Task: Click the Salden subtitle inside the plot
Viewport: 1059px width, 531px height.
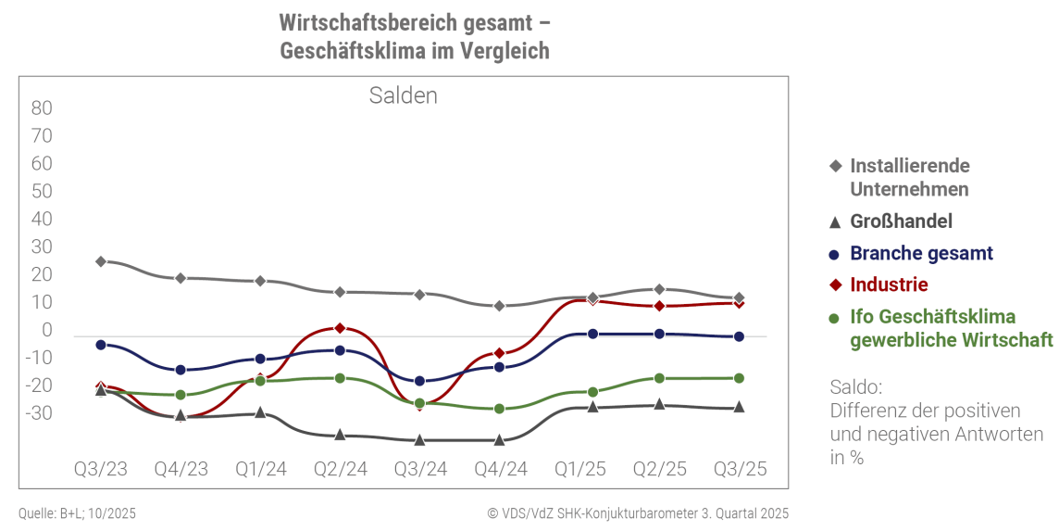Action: (x=403, y=95)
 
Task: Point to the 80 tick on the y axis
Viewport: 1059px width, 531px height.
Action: (x=42, y=108)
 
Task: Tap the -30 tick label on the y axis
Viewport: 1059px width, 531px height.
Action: (x=42, y=413)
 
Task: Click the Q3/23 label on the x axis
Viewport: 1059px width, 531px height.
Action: (x=101, y=469)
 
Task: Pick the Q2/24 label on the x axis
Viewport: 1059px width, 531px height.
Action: (x=341, y=469)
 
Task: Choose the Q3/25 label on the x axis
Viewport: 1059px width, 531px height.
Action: (x=739, y=469)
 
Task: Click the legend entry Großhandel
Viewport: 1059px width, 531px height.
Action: (x=901, y=221)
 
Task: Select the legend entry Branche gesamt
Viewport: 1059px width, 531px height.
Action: (x=921, y=253)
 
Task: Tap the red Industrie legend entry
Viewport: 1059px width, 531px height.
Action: (x=889, y=284)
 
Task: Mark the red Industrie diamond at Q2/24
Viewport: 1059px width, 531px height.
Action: (x=340, y=328)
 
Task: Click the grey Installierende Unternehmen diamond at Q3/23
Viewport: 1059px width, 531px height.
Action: (x=101, y=261)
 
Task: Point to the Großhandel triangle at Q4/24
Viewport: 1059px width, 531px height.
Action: (x=500, y=440)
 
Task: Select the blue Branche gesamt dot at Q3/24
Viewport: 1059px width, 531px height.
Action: (x=420, y=381)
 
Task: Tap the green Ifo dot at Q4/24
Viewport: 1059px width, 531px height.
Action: (x=500, y=409)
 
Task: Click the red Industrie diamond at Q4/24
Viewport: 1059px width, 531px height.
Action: (x=500, y=353)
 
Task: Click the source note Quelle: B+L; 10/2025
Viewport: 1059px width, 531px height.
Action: (x=77, y=513)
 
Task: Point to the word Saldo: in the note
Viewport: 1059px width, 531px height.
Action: (x=856, y=386)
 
